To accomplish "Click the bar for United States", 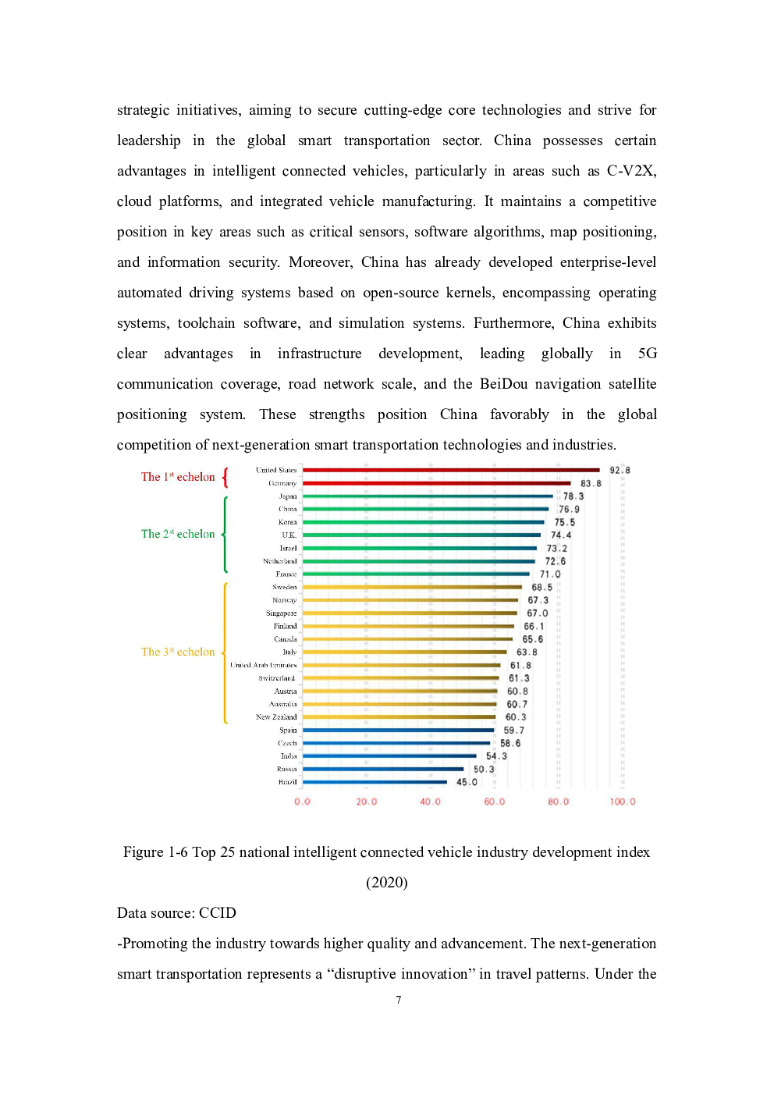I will click(x=451, y=470).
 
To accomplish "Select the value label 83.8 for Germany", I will click(x=591, y=483).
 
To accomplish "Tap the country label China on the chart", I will click(x=288, y=509).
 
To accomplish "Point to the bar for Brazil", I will click(x=375, y=782).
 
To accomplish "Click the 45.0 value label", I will click(x=467, y=782).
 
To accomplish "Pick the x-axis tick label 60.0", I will click(x=494, y=802).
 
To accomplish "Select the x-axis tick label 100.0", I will click(x=622, y=802).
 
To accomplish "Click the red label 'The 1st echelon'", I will click(x=178, y=477).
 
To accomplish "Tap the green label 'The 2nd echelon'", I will click(x=178, y=534).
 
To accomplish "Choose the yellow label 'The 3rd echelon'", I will click(x=178, y=652).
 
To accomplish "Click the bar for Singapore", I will click(x=410, y=613).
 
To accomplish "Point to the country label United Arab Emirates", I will click(x=263, y=665).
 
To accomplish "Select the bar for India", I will click(x=389, y=755).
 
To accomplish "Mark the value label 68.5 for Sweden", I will click(x=541, y=587).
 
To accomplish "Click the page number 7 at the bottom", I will click(x=398, y=1000).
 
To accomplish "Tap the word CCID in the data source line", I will click(x=217, y=913).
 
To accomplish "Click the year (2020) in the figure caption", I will click(x=387, y=883).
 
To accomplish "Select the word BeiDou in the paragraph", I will click(x=503, y=384).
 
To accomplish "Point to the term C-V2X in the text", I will click(x=631, y=171).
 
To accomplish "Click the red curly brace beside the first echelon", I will click(x=225, y=477).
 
